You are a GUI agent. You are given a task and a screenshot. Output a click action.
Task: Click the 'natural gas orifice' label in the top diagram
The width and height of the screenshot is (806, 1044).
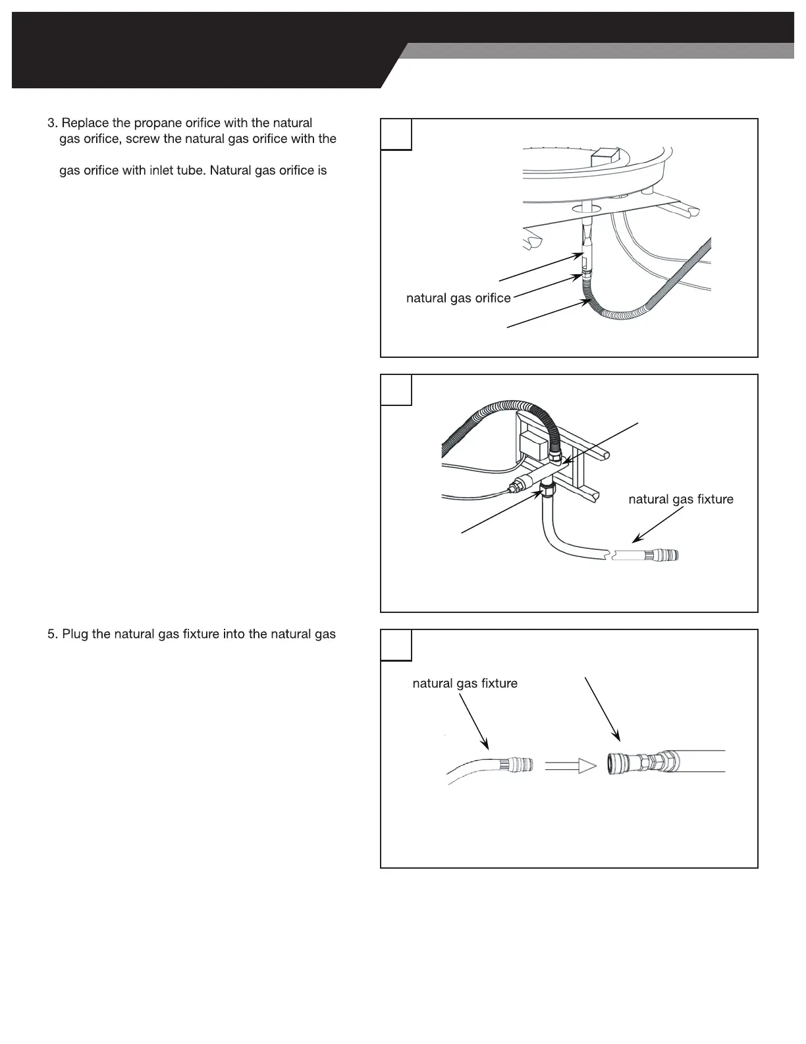(x=458, y=299)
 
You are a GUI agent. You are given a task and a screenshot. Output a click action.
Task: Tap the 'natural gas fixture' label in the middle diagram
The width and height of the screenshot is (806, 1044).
(x=681, y=500)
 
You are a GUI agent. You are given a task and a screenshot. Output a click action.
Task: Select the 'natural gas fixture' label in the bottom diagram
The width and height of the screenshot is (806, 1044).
(x=465, y=683)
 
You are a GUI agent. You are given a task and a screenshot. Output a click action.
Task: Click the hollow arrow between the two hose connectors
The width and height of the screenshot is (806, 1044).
(x=570, y=766)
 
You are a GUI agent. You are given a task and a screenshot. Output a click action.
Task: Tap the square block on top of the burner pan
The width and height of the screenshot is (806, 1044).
(x=605, y=158)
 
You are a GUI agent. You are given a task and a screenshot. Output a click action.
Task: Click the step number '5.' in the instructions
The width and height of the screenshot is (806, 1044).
(x=53, y=635)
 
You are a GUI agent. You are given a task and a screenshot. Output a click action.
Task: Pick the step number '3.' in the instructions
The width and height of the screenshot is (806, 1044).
(x=53, y=123)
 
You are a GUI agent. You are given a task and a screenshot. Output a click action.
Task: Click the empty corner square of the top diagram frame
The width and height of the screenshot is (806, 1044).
(x=396, y=134)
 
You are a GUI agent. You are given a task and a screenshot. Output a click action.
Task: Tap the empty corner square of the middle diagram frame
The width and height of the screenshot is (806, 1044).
(x=396, y=390)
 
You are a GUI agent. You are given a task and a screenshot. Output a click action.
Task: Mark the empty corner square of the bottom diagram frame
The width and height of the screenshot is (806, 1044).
(x=396, y=645)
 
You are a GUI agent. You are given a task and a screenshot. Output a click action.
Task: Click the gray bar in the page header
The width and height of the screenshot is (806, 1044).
(x=599, y=51)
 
